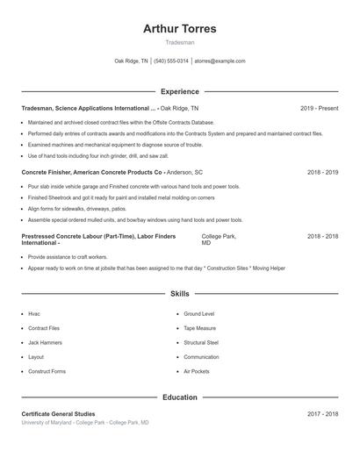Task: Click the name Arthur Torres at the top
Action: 179,29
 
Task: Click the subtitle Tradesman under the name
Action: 179,42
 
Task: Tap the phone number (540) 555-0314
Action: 171,61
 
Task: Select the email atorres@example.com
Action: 220,61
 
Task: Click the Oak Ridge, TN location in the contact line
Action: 132,61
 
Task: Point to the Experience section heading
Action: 179,91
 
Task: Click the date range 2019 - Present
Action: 319,108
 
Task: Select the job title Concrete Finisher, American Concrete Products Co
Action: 91,173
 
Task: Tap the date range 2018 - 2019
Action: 322,173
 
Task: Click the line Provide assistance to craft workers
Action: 68,257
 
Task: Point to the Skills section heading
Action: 179,294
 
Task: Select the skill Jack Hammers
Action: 44,342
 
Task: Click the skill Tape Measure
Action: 200,328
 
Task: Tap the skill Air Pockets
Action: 197,371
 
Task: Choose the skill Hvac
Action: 34,313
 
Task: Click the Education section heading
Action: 179,397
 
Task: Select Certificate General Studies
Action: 58,414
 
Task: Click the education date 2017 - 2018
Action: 322,414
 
